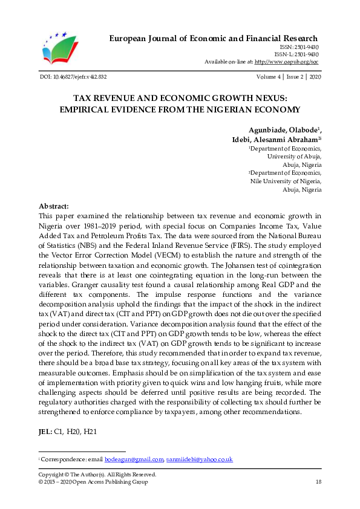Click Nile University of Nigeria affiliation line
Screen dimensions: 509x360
click(x=286, y=181)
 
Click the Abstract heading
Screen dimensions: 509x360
click(x=54, y=206)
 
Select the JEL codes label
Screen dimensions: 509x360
click(x=45, y=432)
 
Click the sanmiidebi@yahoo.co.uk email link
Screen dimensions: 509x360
click(x=199, y=460)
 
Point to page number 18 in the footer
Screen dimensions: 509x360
click(x=318, y=482)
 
